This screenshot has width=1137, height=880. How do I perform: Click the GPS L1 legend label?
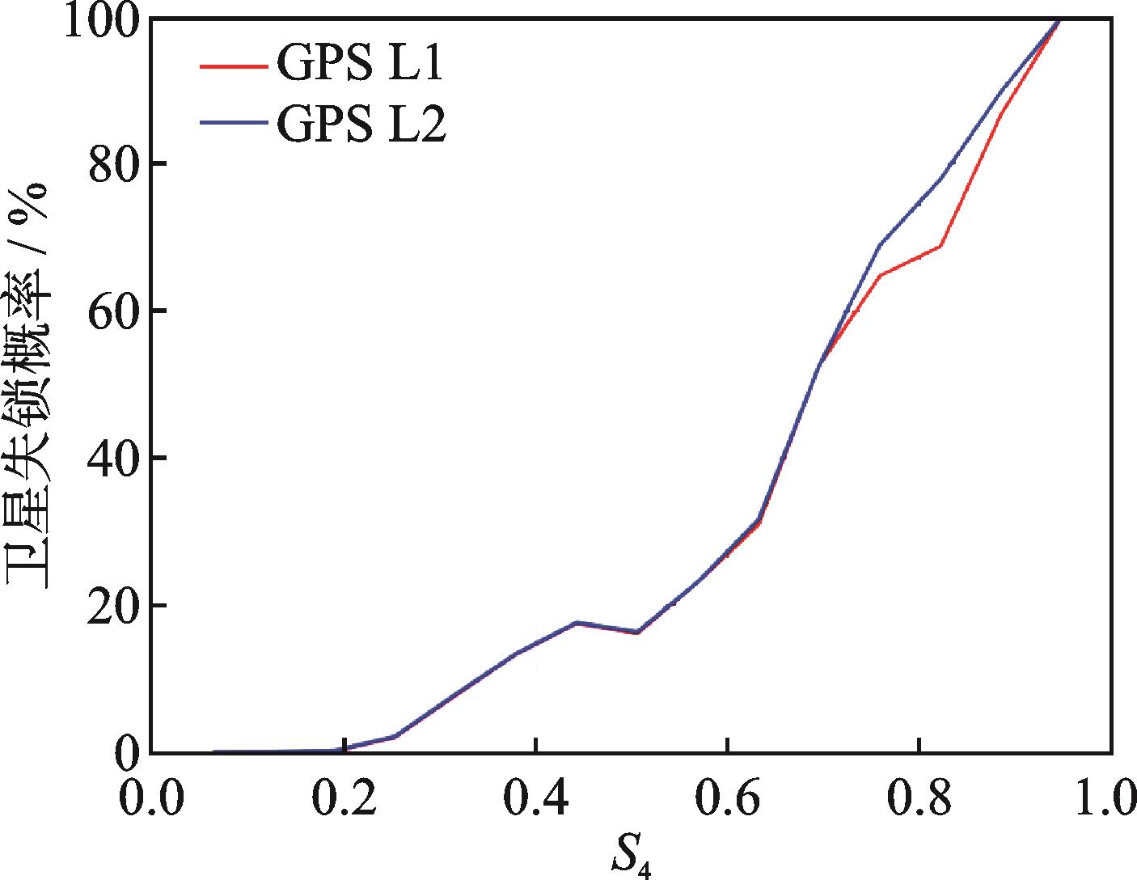360,66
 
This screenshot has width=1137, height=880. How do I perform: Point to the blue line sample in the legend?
235,124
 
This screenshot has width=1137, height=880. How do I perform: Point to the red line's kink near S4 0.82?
940,246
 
